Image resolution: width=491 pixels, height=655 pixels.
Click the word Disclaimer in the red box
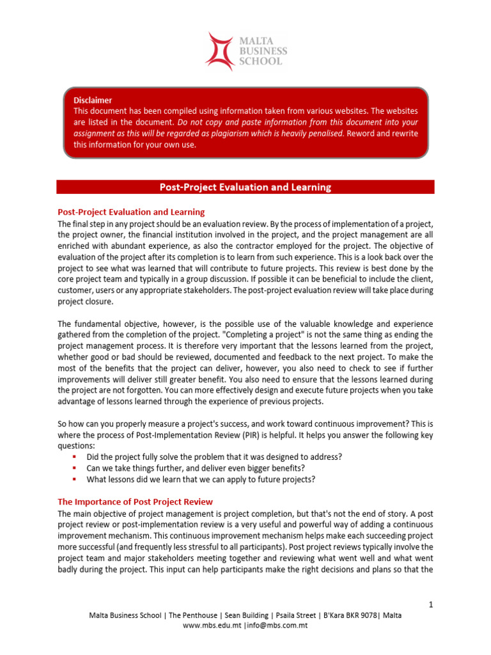tap(93, 100)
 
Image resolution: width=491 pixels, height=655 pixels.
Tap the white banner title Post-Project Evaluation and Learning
tap(245, 187)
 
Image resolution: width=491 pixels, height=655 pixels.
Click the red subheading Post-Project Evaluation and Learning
tap(131, 212)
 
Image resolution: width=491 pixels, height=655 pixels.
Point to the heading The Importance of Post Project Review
tap(136, 501)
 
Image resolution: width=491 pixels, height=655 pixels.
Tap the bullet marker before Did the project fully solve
tap(74, 457)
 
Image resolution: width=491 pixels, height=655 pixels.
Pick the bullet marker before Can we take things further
tap(74, 468)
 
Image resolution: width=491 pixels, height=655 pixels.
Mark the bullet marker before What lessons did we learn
tap(74, 479)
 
